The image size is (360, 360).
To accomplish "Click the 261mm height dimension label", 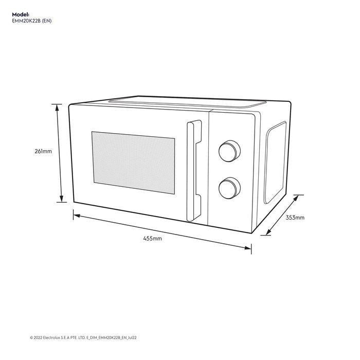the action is (x=43, y=151).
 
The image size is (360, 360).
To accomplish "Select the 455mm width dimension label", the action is (x=152, y=238).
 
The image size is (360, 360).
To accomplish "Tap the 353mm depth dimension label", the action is (x=295, y=218).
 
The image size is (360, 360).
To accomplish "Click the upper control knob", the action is (x=229, y=151).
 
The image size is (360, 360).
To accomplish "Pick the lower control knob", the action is (x=229, y=188).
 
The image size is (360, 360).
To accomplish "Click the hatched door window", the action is (x=133, y=163).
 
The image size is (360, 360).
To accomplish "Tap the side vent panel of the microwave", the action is (x=275, y=163).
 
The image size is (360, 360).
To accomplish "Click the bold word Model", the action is (x=21, y=15).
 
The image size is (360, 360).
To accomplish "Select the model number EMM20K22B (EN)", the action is (x=32, y=21).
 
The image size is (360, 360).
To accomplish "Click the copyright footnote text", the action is (x=83, y=338).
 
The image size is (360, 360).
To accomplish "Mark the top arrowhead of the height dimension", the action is (x=58, y=107).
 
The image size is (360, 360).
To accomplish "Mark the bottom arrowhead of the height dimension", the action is (x=61, y=199).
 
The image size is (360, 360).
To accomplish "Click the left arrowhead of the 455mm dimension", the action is (x=77, y=216).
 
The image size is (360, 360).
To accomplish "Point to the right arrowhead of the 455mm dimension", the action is (x=248, y=248).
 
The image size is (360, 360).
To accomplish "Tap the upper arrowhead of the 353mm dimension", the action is (x=296, y=198).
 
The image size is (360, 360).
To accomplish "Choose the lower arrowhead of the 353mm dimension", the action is (x=268, y=232).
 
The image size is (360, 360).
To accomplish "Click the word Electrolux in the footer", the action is (x=51, y=338).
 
